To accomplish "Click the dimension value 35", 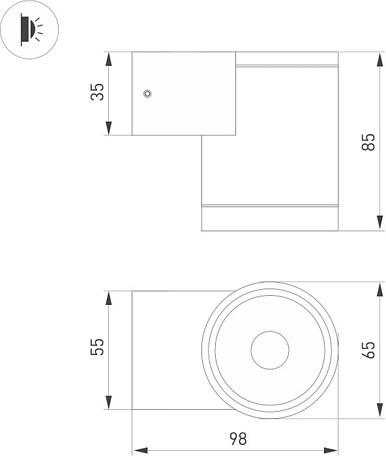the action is [97, 92].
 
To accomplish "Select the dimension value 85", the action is [368, 142].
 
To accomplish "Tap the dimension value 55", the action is [97, 347].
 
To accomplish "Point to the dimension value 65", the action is [368, 350].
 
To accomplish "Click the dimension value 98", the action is [238, 438].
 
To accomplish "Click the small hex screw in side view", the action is [148, 94].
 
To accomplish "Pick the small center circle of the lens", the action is [270, 350].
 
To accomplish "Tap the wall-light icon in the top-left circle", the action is [31, 29].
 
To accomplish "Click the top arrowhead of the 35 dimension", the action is [109, 59].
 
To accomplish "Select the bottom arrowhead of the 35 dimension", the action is [109, 128].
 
